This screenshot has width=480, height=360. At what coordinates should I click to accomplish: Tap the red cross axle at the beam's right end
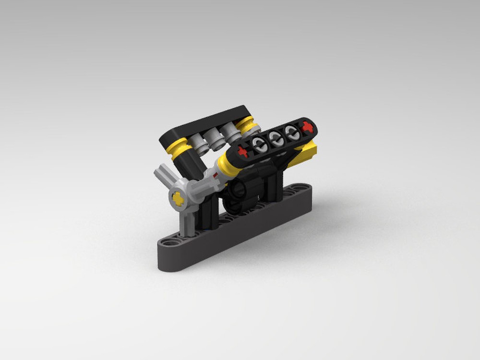[307, 127]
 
